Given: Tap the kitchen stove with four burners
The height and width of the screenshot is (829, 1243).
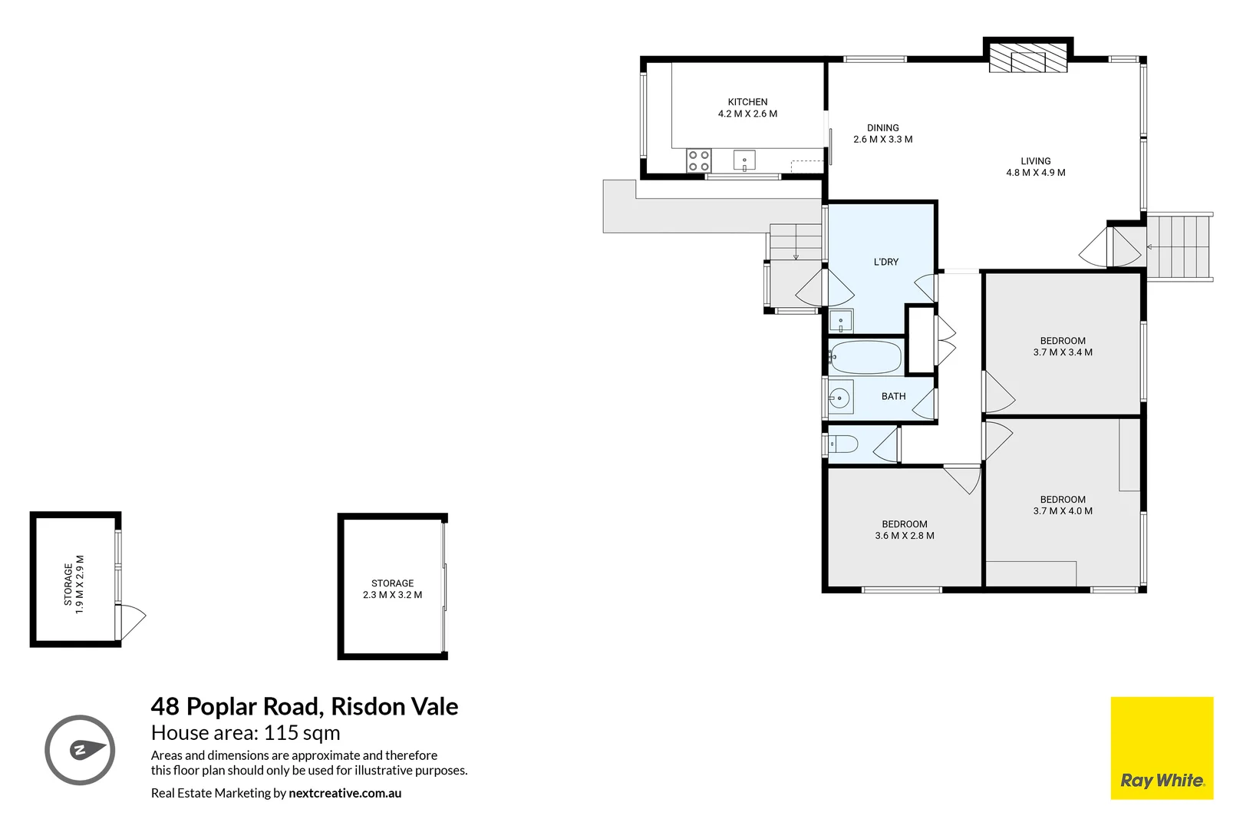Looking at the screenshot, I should [698, 161].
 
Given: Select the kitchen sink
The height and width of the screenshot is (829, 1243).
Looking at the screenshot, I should [744, 161].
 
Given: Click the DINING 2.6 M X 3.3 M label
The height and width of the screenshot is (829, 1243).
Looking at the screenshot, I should [882, 134].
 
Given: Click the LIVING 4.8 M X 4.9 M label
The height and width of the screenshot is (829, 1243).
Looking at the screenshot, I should [1035, 167].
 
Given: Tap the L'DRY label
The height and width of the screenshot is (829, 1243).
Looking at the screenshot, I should [885, 262].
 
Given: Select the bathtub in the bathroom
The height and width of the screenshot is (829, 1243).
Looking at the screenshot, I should [865, 358].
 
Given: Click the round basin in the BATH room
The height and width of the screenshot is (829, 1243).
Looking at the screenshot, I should [840, 398].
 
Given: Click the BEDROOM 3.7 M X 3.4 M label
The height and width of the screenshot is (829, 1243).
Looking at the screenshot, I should [1063, 346].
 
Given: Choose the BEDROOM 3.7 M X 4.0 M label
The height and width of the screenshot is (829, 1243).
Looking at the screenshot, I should [1063, 505].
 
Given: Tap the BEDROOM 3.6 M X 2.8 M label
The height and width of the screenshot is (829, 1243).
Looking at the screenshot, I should [905, 530].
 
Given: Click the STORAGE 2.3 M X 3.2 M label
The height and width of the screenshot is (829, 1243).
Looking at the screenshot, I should [392, 589].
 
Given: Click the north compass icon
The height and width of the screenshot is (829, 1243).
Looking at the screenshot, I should [80, 750].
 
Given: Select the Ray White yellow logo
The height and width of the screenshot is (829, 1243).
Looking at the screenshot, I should [1162, 748].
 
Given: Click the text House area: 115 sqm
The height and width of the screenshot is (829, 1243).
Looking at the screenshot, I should [246, 733].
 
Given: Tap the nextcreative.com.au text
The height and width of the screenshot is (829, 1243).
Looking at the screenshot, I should [345, 793].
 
